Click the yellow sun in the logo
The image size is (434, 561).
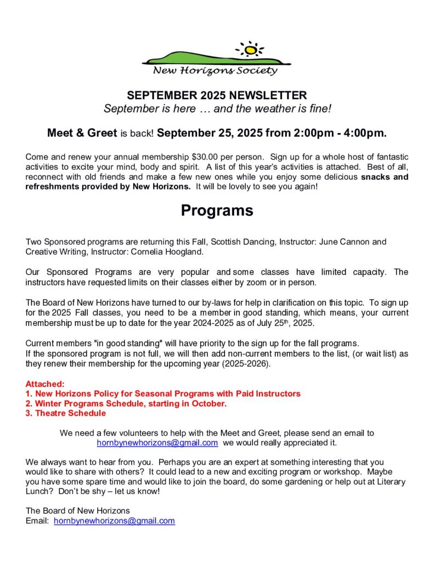click(x=251, y=50)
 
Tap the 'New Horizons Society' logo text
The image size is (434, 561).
click(x=215, y=70)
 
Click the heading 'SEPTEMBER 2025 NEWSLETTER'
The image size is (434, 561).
click(x=217, y=95)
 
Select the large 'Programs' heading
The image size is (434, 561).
click(x=217, y=210)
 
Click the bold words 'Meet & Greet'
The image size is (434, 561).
click(x=82, y=133)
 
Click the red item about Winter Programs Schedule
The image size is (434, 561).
click(x=126, y=404)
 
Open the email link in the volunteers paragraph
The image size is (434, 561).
click(x=157, y=442)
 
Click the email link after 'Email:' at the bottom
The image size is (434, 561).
click(x=114, y=521)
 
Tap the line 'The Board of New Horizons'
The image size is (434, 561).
click(x=78, y=511)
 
